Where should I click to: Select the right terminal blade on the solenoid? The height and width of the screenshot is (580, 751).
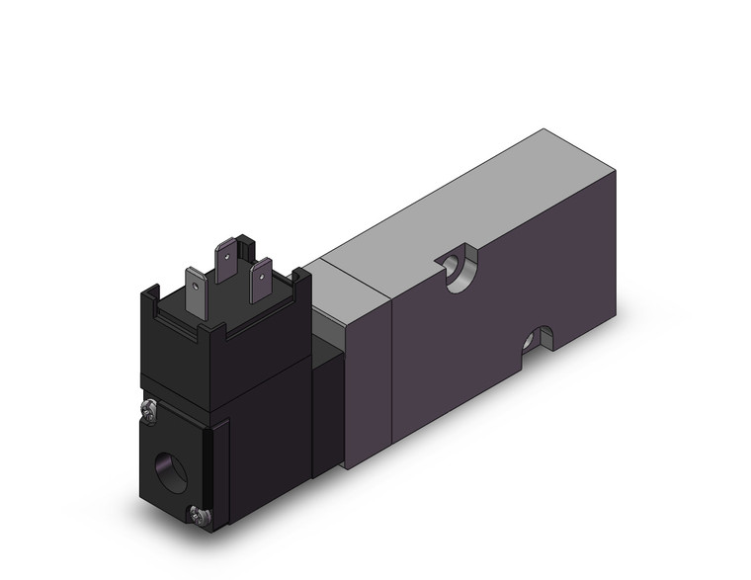click(262, 282)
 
